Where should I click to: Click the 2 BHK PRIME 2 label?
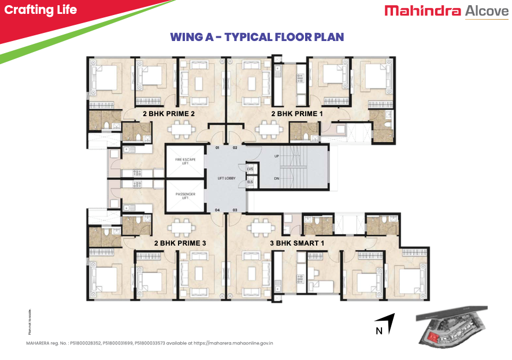(169, 114)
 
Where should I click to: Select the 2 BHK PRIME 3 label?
(180, 243)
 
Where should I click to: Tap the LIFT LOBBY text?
(225, 179)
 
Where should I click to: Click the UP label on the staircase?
(277, 157)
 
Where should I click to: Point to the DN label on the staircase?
(277, 178)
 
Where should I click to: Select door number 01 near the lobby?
(218, 148)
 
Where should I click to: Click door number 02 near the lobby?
(235, 148)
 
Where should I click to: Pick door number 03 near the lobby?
(235, 209)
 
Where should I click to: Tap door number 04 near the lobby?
(218, 209)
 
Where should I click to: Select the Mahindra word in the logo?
(422, 11)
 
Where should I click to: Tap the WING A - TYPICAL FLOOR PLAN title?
(257, 37)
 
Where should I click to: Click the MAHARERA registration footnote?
(150, 343)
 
